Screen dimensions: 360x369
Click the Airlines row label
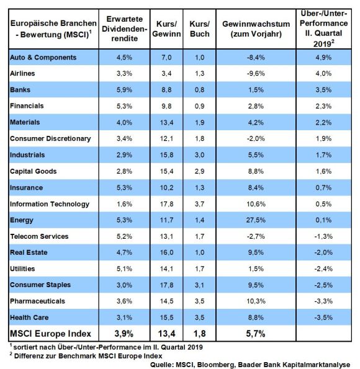click(x=22, y=73)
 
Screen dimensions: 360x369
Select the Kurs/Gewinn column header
click(x=166, y=29)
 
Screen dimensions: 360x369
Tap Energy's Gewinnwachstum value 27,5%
click(x=256, y=220)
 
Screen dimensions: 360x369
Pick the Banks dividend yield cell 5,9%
click(x=124, y=90)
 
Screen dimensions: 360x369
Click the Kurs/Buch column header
click(x=200, y=29)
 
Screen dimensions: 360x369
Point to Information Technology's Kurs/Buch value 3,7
click(x=200, y=204)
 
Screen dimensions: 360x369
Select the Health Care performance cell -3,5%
click(x=323, y=318)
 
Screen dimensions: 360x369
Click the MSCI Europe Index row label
click(x=50, y=334)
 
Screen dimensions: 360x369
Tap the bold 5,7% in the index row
click(x=256, y=334)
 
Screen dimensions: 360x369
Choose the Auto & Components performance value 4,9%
click(x=323, y=57)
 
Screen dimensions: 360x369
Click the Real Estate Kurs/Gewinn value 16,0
click(x=166, y=252)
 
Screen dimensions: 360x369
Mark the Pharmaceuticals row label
click(x=37, y=301)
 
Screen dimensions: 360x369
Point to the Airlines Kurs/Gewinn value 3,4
click(x=166, y=73)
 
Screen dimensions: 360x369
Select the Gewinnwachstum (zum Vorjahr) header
click(x=256, y=29)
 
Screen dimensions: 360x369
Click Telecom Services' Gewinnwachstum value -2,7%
click(x=256, y=236)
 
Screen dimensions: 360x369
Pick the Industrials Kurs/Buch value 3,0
click(x=200, y=155)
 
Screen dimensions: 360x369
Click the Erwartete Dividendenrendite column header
click(x=124, y=29)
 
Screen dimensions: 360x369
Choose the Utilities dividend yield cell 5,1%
click(x=124, y=269)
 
